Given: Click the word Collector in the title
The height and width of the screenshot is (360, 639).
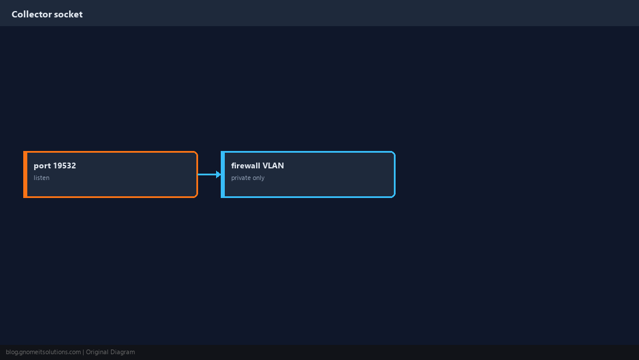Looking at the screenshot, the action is coord(31,15).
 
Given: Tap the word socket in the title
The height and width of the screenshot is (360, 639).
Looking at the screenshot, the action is coord(69,15).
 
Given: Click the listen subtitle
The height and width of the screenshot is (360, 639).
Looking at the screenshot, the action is coord(42,178).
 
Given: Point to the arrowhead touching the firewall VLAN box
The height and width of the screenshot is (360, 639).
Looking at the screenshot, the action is coord(219,174).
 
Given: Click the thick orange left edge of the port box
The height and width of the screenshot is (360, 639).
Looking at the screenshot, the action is coord(25,174).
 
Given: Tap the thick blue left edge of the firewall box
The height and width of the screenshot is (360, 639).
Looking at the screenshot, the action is coord(222,174).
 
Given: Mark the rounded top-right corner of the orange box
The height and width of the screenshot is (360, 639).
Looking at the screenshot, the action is coord(196,153).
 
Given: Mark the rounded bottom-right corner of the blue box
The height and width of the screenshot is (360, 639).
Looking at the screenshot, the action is coord(393,196).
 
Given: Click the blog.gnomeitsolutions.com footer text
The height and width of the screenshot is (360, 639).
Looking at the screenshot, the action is coord(43,352).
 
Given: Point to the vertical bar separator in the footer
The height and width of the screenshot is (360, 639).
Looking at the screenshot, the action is coord(83,352).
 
